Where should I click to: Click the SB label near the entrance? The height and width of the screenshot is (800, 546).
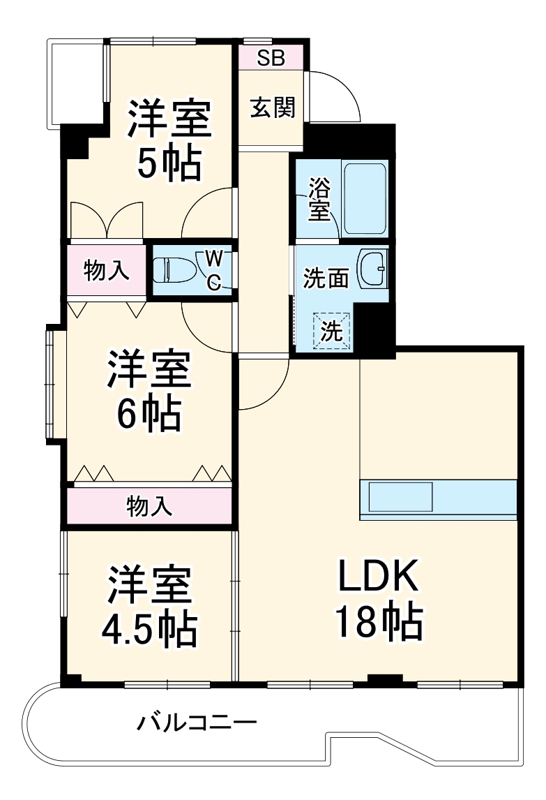(x=271, y=58)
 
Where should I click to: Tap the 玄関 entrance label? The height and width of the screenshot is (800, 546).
(x=272, y=108)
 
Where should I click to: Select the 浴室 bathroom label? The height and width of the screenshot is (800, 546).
(x=319, y=200)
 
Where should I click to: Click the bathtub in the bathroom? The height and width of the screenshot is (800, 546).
(x=364, y=200)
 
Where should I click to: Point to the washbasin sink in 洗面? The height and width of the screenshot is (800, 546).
(x=373, y=268)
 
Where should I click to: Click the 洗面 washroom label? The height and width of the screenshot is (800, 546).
(x=325, y=279)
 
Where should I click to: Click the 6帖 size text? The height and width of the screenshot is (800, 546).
(x=148, y=415)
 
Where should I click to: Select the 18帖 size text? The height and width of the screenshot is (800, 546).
(x=379, y=623)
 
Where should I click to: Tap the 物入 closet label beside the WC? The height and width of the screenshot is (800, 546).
(x=106, y=270)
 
